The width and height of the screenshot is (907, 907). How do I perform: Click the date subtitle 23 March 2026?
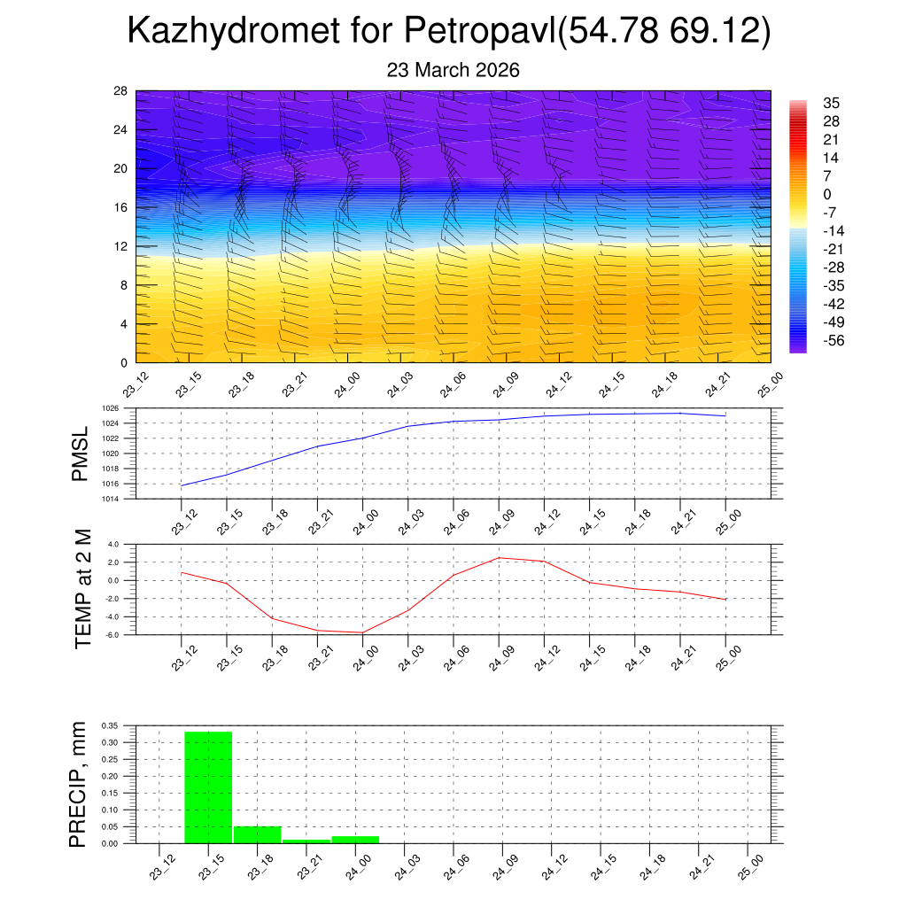pos(453,70)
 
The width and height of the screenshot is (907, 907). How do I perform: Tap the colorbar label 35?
pos(831,103)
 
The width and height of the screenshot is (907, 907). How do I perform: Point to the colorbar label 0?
pos(827,194)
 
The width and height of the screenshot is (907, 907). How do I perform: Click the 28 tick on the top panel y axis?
pos(121,91)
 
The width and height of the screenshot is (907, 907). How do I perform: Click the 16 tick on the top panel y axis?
pos(121,207)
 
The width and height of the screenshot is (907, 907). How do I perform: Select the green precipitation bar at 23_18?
pos(257,834)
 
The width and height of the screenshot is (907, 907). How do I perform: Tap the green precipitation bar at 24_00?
pos(355,839)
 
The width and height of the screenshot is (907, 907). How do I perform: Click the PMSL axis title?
pos(81,453)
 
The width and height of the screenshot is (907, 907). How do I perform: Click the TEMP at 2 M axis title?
pos(83,589)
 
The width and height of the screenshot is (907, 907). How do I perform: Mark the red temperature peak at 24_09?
pos(499,557)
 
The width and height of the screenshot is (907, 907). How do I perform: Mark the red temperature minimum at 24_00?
pos(362,632)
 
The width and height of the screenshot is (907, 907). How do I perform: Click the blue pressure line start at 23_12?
pos(182,485)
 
